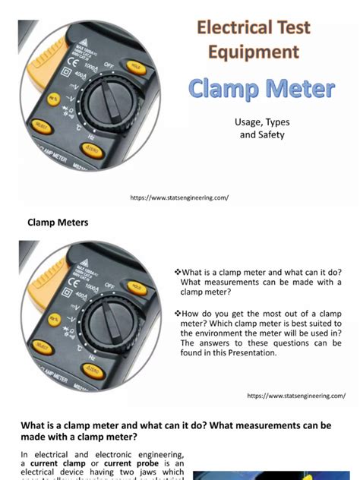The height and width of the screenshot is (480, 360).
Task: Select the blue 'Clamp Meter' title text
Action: (x=261, y=89)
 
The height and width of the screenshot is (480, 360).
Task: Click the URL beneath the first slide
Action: (x=179, y=197)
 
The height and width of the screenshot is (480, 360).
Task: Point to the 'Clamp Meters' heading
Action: (x=58, y=223)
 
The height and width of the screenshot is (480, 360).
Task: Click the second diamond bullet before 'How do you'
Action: (x=177, y=313)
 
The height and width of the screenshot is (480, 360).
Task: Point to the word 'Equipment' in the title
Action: (x=255, y=52)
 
